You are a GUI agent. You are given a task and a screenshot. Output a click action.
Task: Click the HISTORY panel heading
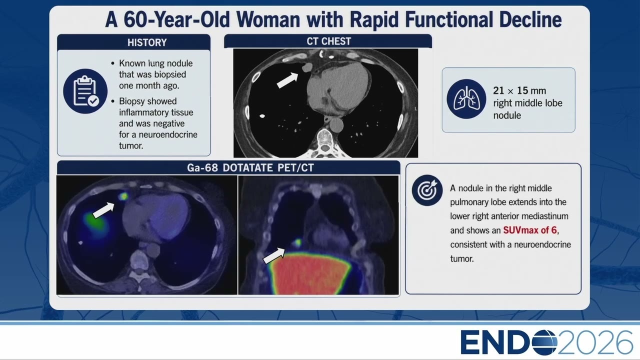point(147,42)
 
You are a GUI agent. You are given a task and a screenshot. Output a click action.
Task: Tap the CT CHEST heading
point(328,41)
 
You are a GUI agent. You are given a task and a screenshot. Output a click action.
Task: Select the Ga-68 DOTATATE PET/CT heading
point(250,167)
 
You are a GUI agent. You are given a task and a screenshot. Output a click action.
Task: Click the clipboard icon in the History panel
point(85,91)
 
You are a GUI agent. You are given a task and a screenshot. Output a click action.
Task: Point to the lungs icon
point(466,99)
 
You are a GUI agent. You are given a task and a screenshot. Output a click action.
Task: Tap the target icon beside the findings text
point(427,190)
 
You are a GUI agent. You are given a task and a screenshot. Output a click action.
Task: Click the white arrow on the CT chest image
point(287,80)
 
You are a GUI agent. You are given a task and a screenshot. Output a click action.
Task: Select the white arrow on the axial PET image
point(103,210)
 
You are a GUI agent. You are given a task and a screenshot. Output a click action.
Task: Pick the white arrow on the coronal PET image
point(273,256)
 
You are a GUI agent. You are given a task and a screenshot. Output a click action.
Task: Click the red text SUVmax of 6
point(530,230)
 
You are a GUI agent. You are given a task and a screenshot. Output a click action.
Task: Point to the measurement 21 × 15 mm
point(519,90)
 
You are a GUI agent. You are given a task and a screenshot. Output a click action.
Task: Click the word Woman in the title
point(268,19)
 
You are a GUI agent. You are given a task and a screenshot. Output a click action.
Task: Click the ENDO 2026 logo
point(546,342)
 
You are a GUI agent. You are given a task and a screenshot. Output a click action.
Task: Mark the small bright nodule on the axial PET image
point(123,196)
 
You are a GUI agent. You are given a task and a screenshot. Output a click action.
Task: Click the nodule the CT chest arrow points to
point(307,67)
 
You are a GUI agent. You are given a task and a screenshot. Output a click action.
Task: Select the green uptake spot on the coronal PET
point(297,242)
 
